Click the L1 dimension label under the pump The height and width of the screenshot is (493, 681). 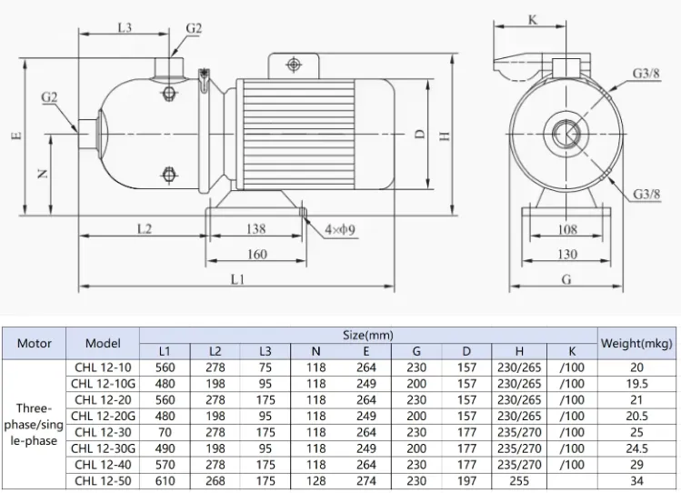click(x=237, y=279)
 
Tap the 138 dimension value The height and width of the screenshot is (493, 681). click(x=255, y=229)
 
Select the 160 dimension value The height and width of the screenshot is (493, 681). click(x=256, y=254)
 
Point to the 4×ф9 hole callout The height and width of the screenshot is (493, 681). click(x=340, y=229)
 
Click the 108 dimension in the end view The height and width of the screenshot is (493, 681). click(x=566, y=229)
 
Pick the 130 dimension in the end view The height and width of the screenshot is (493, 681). click(x=566, y=254)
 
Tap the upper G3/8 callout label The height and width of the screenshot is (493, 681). click(x=646, y=74)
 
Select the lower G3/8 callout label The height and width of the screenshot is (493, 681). click(x=646, y=194)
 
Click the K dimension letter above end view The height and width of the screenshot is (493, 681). click(x=533, y=19)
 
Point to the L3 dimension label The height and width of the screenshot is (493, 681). click(x=125, y=28)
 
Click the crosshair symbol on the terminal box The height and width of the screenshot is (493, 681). click(x=294, y=65)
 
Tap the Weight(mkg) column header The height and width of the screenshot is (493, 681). click(x=636, y=344)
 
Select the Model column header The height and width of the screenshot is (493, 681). click(x=103, y=343)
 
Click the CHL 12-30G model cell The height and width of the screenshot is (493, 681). click(x=103, y=448)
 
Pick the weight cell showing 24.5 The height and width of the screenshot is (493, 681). click(x=636, y=448)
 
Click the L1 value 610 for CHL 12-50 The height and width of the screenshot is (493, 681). click(x=165, y=481)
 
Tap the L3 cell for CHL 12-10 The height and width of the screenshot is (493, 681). click(x=265, y=367)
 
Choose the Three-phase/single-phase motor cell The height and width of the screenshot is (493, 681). click(x=34, y=425)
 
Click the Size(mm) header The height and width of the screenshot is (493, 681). click(x=368, y=336)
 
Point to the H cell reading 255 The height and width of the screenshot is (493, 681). click(x=519, y=481)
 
